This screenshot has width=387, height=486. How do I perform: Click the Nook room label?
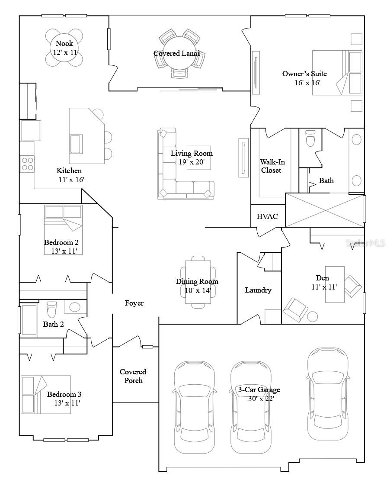64,43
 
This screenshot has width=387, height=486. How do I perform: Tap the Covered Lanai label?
176,53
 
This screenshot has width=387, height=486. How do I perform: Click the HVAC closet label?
267,216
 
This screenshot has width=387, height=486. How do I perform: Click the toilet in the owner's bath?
310,138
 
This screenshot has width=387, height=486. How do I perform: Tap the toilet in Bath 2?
52,309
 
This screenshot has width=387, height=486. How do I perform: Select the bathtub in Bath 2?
29,320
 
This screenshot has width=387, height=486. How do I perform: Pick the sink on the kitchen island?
76,144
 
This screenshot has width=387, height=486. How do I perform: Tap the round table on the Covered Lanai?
180,54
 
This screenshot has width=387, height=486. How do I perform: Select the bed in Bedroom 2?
63,229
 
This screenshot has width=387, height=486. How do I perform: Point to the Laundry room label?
258,290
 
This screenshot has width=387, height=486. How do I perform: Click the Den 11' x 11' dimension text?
324,287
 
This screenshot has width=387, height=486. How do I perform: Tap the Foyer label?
134,303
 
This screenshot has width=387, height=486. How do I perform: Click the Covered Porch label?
133,376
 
